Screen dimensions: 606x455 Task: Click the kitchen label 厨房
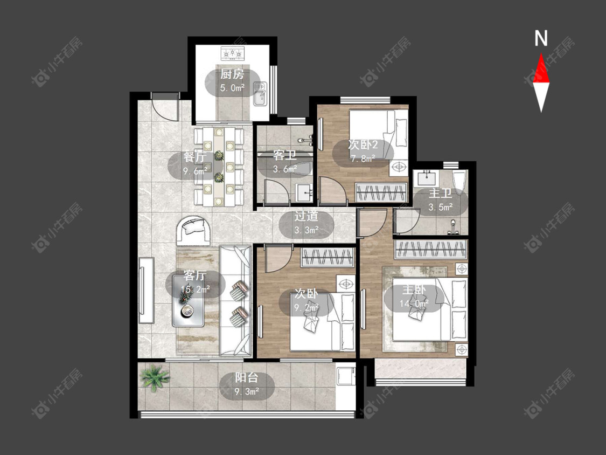[x=232, y=74]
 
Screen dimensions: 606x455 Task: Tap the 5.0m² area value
[x=232, y=88]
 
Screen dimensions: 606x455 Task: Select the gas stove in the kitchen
[x=233, y=54]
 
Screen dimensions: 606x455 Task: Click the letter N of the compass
[x=541, y=38]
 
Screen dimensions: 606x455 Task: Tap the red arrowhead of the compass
[x=541, y=68]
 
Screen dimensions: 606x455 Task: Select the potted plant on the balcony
[x=155, y=377]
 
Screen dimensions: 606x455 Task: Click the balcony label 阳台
[x=247, y=377]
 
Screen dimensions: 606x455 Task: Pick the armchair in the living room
[x=193, y=231]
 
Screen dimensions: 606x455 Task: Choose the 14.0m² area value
[x=414, y=304]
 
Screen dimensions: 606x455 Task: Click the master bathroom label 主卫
[x=440, y=193]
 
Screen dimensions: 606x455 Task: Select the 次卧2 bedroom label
[x=363, y=144]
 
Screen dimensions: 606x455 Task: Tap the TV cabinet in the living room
[x=146, y=290]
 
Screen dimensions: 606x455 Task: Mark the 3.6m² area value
[x=285, y=169]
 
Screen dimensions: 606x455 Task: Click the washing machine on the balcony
[x=345, y=375]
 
